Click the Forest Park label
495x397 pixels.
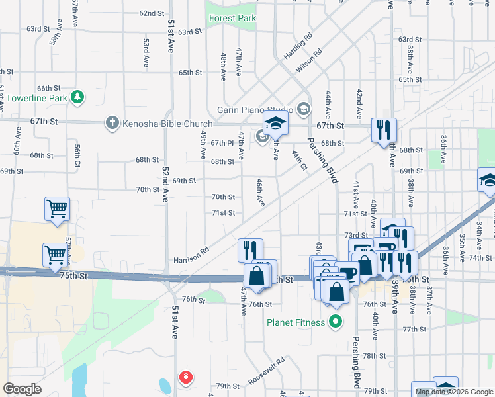(x=233, y=19)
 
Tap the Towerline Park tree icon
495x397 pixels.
(x=78, y=97)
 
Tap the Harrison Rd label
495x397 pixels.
(x=191, y=255)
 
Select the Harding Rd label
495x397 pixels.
(x=298, y=45)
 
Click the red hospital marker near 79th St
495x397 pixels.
(x=187, y=378)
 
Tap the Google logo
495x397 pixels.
(x=22, y=389)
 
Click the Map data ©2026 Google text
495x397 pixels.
(x=453, y=392)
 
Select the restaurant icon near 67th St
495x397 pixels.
(x=383, y=130)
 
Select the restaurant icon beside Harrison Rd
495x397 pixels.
(x=250, y=250)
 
